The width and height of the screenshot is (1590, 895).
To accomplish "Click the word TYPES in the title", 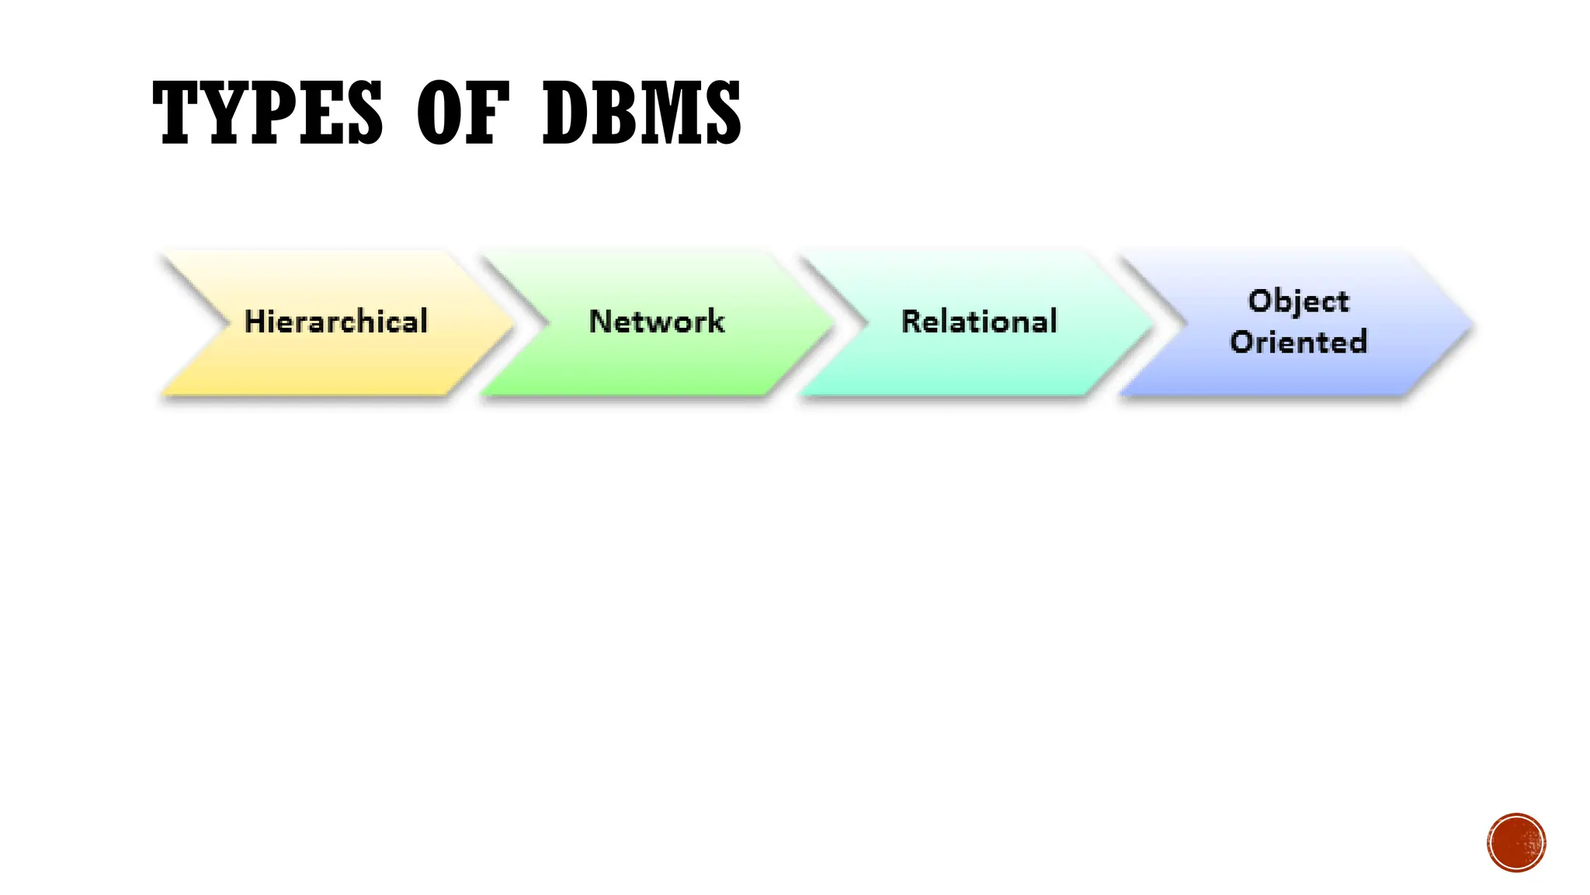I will (268, 113).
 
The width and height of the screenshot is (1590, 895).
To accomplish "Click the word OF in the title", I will (463, 113).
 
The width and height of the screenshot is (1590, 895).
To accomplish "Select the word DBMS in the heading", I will (641, 113).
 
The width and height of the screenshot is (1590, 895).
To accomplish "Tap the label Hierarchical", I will (335, 322).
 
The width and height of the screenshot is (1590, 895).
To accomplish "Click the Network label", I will (657, 322).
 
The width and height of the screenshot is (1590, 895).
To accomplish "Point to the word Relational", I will (979, 322).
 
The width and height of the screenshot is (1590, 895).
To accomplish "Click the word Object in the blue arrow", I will (1298, 301).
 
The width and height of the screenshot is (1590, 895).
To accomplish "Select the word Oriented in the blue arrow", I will (1298, 342).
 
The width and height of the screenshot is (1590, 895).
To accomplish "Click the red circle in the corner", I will (1516, 843).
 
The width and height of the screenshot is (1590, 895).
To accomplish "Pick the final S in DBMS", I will (721, 113).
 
